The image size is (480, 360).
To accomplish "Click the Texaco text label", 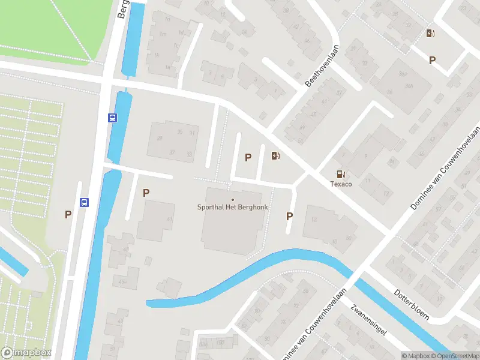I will tap(341, 184).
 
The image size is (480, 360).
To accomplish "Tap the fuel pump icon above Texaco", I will tap(341, 173).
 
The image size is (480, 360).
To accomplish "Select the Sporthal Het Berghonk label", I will tap(233, 207).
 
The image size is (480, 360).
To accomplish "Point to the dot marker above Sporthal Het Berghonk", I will tap(233, 199).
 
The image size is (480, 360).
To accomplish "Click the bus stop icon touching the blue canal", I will tap(112, 118).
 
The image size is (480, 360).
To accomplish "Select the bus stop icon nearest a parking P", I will tap(84, 203).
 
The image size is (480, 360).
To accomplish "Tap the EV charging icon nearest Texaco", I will tap(275, 156).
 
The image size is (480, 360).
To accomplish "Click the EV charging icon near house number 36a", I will tap(430, 33).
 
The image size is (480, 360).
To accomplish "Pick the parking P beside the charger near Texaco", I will tap(248, 158).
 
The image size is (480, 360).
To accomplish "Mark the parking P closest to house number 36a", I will tap(432, 59).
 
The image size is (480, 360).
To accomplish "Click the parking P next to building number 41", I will tap(146, 193).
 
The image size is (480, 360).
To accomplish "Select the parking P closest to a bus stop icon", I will tap(68, 214).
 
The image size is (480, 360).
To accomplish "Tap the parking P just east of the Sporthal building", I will tap(290, 217).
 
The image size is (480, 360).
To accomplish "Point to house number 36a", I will tap(409, 86).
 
